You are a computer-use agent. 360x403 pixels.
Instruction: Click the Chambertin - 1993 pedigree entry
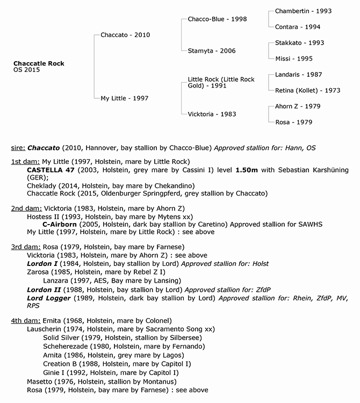click(303, 11)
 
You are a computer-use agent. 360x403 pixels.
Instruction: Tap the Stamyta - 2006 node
click(212, 51)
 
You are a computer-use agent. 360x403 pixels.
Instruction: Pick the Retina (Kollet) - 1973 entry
click(307, 90)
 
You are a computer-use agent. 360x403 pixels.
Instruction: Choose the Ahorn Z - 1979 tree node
click(298, 106)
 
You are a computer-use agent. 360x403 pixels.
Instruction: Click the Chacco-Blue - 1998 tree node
click(217, 19)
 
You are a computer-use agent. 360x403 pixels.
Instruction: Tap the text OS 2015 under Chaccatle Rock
click(26, 70)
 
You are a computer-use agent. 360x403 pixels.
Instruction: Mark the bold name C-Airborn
click(61, 224)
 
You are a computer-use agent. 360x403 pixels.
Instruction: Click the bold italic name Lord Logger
click(49, 298)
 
